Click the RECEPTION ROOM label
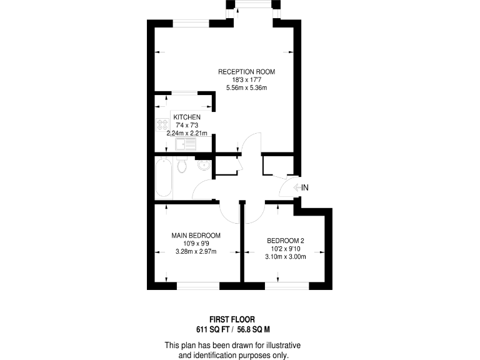click(x=246, y=72)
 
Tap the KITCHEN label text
click(x=187, y=117)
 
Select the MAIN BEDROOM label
click(x=196, y=236)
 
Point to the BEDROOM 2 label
click(x=285, y=241)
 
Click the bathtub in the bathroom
click(x=162, y=178)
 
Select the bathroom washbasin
click(x=203, y=166)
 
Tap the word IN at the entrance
click(x=305, y=187)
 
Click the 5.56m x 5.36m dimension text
click(x=246, y=87)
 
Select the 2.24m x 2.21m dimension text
click(x=187, y=133)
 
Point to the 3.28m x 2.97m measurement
click(x=196, y=252)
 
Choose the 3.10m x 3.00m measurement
click(x=285, y=256)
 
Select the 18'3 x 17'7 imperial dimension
click(x=246, y=79)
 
